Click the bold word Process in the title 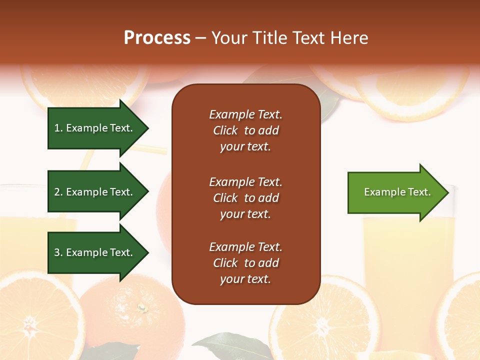click(x=157, y=38)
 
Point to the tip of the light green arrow click(x=447, y=192)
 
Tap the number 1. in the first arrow click(x=58, y=128)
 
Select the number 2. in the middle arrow click(x=58, y=192)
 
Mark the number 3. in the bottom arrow click(x=58, y=252)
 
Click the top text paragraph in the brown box click(x=245, y=130)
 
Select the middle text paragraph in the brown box click(x=245, y=198)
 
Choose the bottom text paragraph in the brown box click(x=245, y=263)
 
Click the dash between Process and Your click(x=200, y=38)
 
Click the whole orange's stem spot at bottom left click(x=142, y=307)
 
